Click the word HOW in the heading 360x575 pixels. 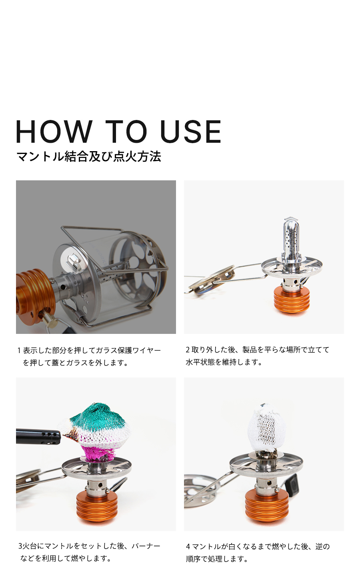54,131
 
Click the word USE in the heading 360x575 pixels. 190,131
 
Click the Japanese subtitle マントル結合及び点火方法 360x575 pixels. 88,157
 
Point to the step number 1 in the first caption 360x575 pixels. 19,350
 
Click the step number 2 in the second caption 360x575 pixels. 188,349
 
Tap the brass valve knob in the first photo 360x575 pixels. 50,321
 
